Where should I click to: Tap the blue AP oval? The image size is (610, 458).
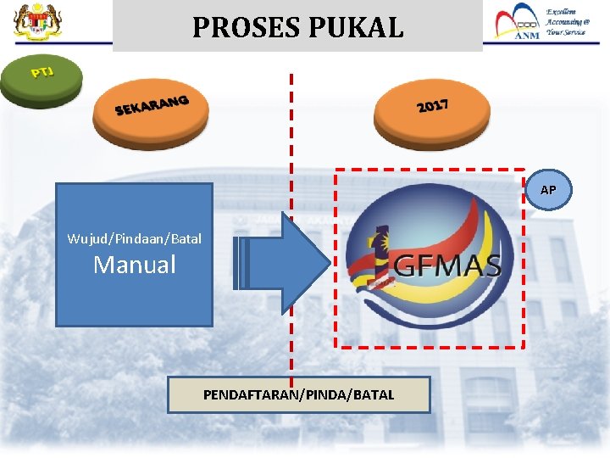tap(548, 190)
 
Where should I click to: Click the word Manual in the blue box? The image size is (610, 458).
tap(135, 265)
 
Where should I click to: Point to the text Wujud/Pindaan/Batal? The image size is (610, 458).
tap(135, 238)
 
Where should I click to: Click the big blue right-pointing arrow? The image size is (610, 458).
tap(284, 263)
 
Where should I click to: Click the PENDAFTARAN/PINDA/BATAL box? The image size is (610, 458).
tap(298, 394)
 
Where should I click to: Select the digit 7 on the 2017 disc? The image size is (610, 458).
tap(443, 104)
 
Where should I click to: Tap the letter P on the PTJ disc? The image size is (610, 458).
tap(36, 74)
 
